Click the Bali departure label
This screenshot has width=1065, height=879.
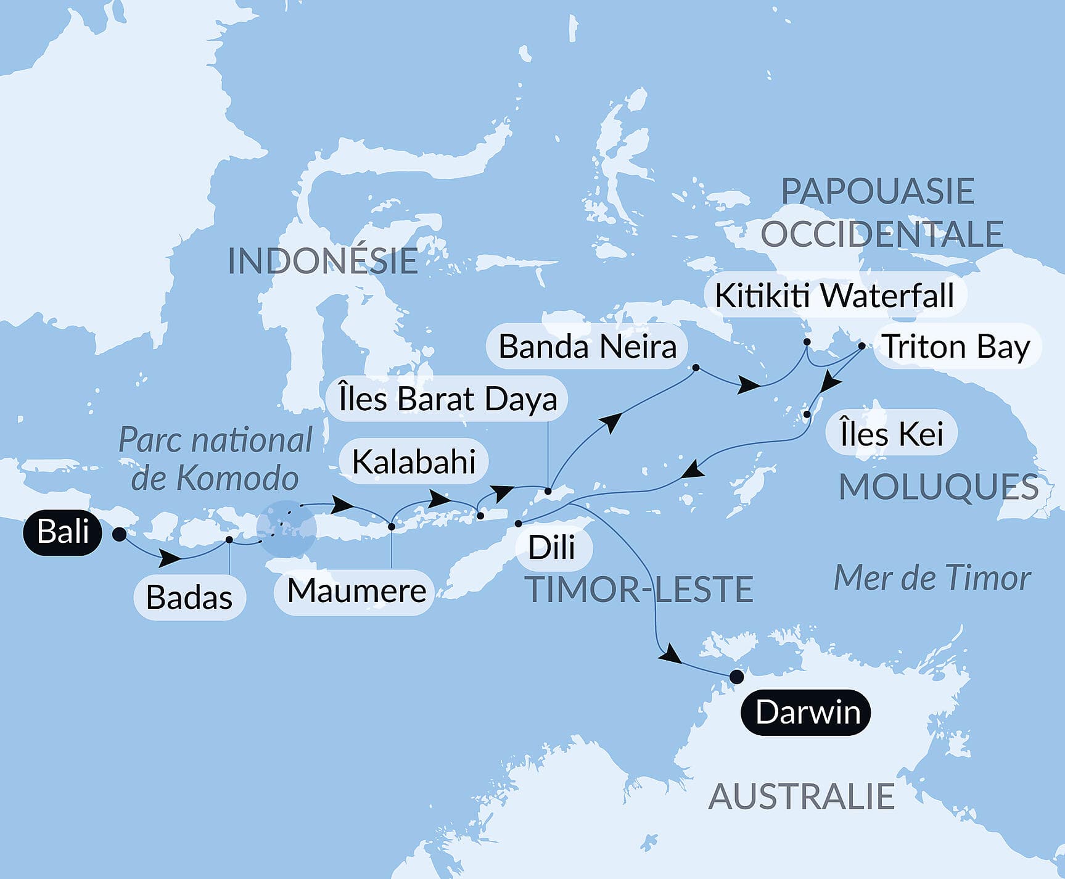pyautogui.click(x=62, y=532)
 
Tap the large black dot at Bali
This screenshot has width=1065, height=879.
pyautogui.click(x=120, y=534)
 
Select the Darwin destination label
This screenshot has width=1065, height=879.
pyautogui.click(x=806, y=712)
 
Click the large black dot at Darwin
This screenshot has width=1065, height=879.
pyautogui.click(x=736, y=677)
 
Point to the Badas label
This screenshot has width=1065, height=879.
pyautogui.click(x=189, y=597)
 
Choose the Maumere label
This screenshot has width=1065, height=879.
pyautogui.click(x=356, y=591)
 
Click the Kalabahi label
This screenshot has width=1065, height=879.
pyautogui.click(x=414, y=461)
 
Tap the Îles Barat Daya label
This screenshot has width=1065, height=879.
pyautogui.click(x=448, y=398)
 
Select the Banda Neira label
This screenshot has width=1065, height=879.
pyautogui.click(x=587, y=347)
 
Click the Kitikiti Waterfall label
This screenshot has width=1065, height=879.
pyautogui.click(x=834, y=295)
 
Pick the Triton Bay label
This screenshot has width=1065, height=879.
pyautogui.click(x=956, y=347)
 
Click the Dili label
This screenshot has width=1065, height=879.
pyautogui.click(x=551, y=547)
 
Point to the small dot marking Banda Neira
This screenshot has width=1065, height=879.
pyautogui.click(x=696, y=368)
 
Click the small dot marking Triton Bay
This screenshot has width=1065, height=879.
pyautogui.click(x=861, y=346)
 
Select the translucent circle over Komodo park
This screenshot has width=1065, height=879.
pyautogui.click(x=287, y=529)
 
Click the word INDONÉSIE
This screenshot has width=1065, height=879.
pyautogui.click(x=323, y=261)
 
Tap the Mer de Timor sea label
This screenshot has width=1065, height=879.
pyautogui.click(x=932, y=579)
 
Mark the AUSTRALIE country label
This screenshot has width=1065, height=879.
pyautogui.click(x=801, y=796)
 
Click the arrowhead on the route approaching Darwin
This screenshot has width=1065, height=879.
pyautogui.click(x=670, y=656)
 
